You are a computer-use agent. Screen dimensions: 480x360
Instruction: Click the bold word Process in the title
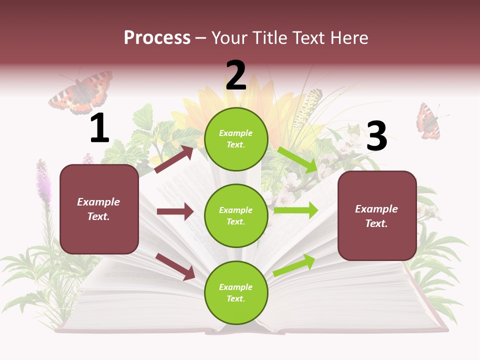(x=157, y=37)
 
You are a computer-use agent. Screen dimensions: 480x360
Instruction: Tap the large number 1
(x=99, y=128)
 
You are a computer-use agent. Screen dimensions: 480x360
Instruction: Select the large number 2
(x=236, y=75)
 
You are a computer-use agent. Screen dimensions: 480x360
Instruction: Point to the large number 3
(x=376, y=136)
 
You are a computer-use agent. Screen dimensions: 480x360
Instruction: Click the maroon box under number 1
(x=99, y=209)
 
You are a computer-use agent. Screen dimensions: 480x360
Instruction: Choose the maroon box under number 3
(x=377, y=216)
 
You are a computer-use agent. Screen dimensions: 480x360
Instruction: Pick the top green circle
(x=236, y=139)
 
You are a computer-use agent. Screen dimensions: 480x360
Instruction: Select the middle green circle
(x=236, y=215)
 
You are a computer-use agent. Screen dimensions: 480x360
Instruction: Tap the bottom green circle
(x=236, y=292)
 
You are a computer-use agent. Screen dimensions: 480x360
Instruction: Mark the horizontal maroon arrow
(x=175, y=211)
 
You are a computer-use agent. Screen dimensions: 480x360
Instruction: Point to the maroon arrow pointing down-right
(x=175, y=266)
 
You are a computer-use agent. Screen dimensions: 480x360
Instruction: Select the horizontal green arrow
(x=296, y=210)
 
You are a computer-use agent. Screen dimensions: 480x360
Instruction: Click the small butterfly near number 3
(x=427, y=121)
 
